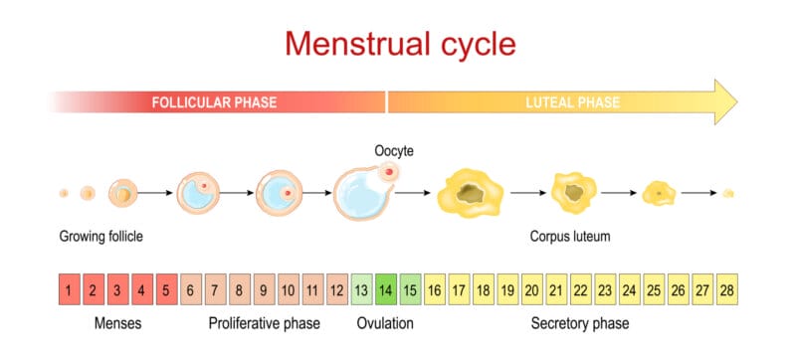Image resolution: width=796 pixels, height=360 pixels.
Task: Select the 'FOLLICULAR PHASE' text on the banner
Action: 213,102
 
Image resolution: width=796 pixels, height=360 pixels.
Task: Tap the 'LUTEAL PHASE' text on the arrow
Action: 572,102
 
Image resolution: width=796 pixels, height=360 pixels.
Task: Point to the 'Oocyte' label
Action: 393,151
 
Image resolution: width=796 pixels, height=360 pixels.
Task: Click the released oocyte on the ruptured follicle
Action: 387,174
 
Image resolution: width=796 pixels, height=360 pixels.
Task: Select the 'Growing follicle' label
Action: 101,237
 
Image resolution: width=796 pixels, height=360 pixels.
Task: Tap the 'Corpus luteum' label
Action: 570,237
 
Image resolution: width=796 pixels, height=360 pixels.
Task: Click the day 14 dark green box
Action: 386,290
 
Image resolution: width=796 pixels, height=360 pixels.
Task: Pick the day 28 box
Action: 726,290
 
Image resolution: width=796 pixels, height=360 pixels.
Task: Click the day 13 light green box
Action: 362,290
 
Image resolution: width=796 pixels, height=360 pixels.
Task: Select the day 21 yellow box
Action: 556,290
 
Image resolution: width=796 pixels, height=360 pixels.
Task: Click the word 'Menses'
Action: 117,324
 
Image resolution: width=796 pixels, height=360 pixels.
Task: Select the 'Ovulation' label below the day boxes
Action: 385,324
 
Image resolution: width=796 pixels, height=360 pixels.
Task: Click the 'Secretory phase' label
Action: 580,324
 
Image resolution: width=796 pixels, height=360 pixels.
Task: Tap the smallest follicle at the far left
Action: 64,193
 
